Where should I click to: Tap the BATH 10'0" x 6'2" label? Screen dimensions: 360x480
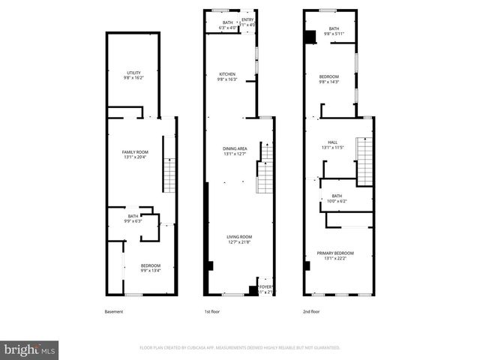337,198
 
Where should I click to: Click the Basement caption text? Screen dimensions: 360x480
115,311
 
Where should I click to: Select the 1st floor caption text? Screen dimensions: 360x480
213,311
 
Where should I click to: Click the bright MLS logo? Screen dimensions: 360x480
30,349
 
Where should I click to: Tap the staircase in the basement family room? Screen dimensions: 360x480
169,175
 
